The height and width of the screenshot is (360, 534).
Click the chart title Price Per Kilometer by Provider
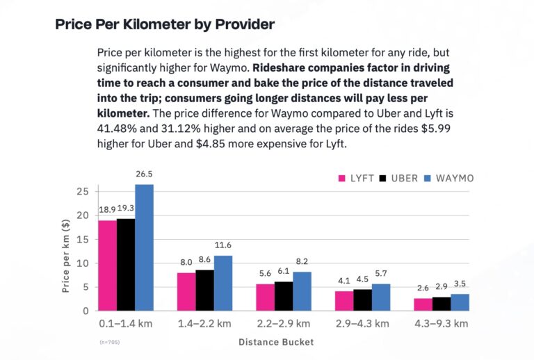click(x=165, y=24)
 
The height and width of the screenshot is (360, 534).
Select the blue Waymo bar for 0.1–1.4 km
click(x=144, y=247)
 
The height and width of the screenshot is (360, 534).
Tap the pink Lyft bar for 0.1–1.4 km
click(x=107, y=265)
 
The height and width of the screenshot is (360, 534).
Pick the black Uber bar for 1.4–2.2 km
click(x=204, y=290)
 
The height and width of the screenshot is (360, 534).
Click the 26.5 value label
click(x=144, y=174)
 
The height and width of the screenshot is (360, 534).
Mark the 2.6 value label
click(x=422, y=288)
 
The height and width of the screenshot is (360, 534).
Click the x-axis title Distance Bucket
click(x=276, y=342)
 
